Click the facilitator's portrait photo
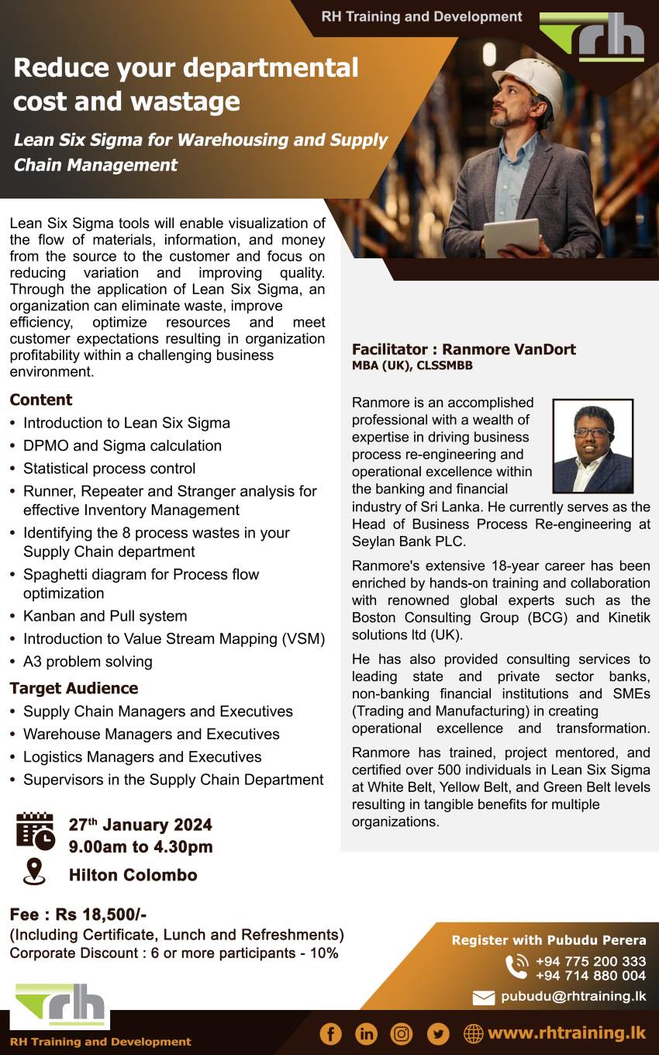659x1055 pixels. (592, 446)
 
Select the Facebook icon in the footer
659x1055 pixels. (330, 1033)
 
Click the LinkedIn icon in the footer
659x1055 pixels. (366, 1033)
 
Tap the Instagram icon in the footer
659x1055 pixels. (402, 1033)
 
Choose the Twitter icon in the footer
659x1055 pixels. (438, 1033)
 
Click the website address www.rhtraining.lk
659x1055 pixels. (566, 1033)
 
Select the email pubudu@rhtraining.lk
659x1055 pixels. (573, 996)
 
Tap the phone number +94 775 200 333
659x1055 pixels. (590, 962)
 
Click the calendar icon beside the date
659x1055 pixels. (36, 831)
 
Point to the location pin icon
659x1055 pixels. (34, 872)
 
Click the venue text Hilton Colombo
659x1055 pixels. (133, 875)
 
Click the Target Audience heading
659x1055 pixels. (74, 688)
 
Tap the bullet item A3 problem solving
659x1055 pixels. (87, 662)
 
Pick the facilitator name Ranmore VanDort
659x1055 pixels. (509, 349)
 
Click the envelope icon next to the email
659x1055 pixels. (483, 998)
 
